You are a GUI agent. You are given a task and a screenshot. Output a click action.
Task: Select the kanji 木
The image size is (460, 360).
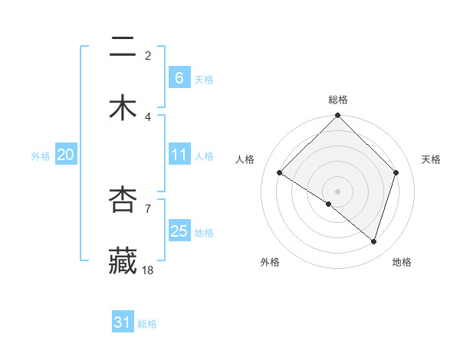coord(123,108)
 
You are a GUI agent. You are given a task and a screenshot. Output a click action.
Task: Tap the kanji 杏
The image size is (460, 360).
coord(123,201)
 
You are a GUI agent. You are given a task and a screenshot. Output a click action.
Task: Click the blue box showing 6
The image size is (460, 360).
coord(179,77)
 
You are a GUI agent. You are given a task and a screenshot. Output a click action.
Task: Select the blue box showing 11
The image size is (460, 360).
coord(179,155)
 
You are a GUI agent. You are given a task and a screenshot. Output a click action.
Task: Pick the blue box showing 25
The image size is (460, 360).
coord(179,231)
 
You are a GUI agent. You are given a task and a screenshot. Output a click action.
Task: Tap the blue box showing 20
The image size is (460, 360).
coord(65,155)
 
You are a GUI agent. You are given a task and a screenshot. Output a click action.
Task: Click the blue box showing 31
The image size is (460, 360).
coord(123,322)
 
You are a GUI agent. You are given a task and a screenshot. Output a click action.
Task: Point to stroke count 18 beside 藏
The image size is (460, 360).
coord(148,270)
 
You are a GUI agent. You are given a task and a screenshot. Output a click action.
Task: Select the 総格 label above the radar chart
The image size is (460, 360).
coord(338,100)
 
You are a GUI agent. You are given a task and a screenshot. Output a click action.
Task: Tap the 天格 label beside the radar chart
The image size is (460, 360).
coord(431,159)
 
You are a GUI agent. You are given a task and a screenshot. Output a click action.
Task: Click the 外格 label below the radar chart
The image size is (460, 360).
coord(269,262)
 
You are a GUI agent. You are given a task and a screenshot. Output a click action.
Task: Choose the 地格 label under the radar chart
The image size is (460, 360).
coord(402,262)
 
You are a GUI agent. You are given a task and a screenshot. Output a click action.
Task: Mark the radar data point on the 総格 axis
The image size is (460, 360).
coord(338,116)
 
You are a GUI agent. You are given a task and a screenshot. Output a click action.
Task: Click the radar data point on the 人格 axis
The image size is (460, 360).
coord(280,173)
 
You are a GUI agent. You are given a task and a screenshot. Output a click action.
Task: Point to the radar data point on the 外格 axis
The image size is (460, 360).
coord(329,205)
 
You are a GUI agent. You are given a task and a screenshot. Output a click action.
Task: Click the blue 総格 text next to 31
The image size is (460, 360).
coord(147,324)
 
